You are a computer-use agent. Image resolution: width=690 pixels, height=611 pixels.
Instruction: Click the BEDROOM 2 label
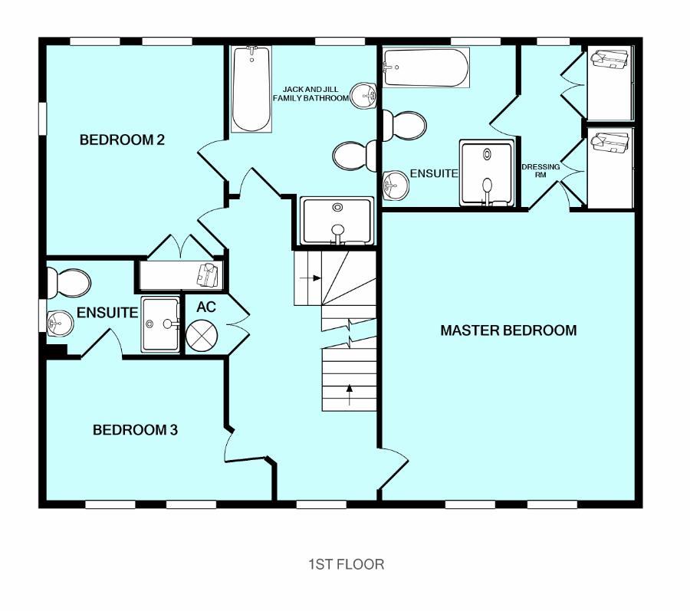click(x=123, y=140)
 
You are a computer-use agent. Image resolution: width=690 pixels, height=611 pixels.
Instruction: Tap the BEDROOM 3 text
click(x=135, y=430)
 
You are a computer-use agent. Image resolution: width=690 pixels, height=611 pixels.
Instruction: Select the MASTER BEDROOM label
click(x=508, y=330)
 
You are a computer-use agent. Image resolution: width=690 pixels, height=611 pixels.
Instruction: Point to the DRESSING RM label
click(x=540, y=170)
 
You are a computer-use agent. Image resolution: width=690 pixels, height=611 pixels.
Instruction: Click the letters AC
click(x=206, y=307)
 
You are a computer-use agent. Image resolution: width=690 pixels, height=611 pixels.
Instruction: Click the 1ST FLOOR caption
click(x=346, y=564)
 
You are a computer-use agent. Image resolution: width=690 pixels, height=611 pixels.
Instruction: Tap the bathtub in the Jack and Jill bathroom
click(x=251, y=89)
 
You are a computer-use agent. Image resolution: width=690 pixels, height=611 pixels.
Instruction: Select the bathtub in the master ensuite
click(x=426, y=68)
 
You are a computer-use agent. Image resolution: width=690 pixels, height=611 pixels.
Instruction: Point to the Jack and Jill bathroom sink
click(x=362, y=95)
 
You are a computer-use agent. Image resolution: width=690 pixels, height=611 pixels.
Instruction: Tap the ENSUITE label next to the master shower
click(x=433, y=174)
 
